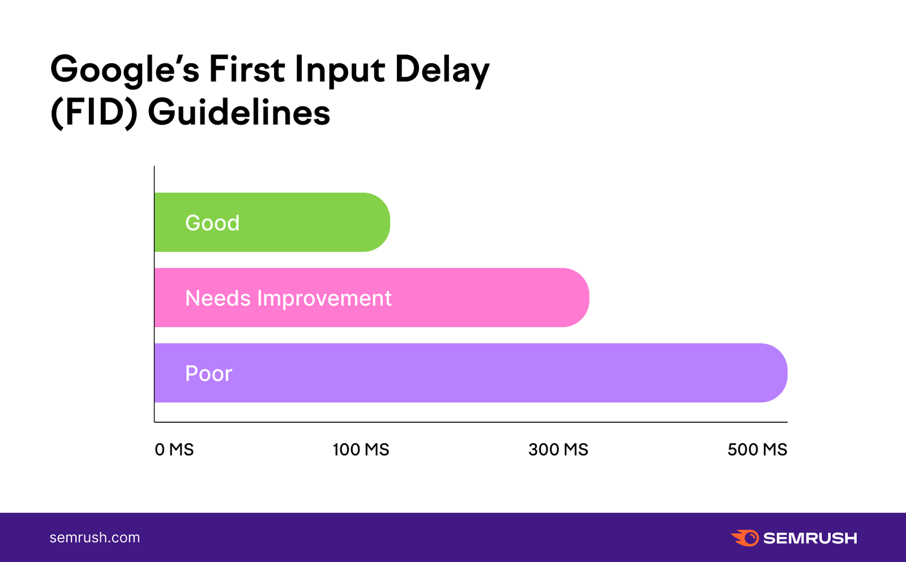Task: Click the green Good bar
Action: tap(272, 222)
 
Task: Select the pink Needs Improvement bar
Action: tap(371, 298)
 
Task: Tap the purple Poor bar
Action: tap(471, 373)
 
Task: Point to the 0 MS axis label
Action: tap(174, 449)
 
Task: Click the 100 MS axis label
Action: tap(361, 449)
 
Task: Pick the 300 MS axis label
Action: tap(558, 449)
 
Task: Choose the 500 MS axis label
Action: tap(757, 449)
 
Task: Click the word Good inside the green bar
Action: tap(212, 223)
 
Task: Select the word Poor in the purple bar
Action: tap(209, 373)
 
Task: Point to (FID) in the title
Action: tap(94, 113)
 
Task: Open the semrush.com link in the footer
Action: tap(95, 537)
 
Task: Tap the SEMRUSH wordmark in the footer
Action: tap(810, 538)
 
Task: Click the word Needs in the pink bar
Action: tap(218, 298)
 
